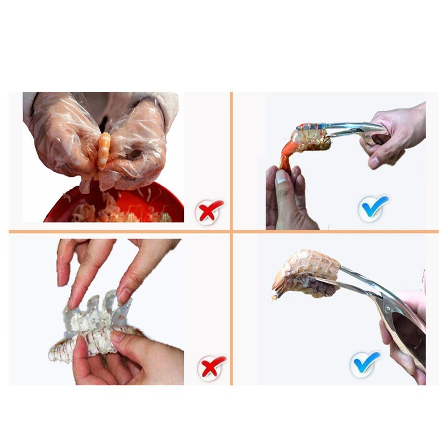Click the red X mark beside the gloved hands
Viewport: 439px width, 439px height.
point(210,210)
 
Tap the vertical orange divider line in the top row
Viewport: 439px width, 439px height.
point(231,159)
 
